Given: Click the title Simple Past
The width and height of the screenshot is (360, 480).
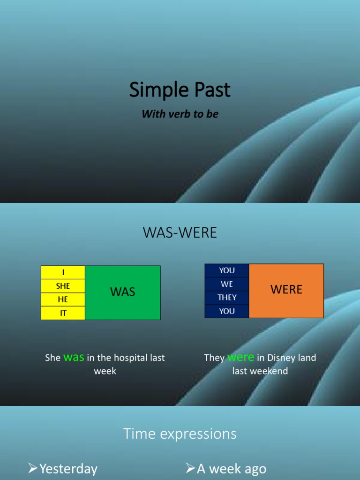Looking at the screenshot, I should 180,90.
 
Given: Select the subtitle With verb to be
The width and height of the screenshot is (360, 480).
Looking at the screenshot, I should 180,114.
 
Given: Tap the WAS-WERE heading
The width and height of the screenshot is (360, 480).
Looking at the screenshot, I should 180,233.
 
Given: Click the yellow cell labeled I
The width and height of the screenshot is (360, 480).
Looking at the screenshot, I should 63,272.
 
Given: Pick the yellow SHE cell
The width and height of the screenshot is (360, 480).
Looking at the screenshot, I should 63,286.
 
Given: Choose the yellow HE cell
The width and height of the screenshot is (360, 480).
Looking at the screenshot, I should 63,300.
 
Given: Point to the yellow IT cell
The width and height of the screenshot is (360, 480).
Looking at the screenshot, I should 63,313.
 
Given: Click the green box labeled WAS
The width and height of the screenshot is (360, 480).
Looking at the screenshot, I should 123,292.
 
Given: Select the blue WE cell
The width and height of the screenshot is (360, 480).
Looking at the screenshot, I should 227,284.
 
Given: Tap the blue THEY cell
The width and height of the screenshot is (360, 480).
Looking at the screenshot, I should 227,298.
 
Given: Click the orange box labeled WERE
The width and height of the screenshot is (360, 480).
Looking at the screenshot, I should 286,290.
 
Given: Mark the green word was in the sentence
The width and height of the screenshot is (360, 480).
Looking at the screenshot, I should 74,357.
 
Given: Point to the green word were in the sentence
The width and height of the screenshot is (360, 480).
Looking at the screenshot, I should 240,357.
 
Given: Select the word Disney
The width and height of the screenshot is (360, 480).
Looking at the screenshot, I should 282,358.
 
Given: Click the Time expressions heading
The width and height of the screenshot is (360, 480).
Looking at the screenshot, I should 180,434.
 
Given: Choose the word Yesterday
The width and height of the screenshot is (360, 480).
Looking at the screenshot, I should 68,469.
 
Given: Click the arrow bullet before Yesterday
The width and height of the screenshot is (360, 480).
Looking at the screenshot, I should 33,468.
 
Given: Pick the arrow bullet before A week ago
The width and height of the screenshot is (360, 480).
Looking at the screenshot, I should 190,468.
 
